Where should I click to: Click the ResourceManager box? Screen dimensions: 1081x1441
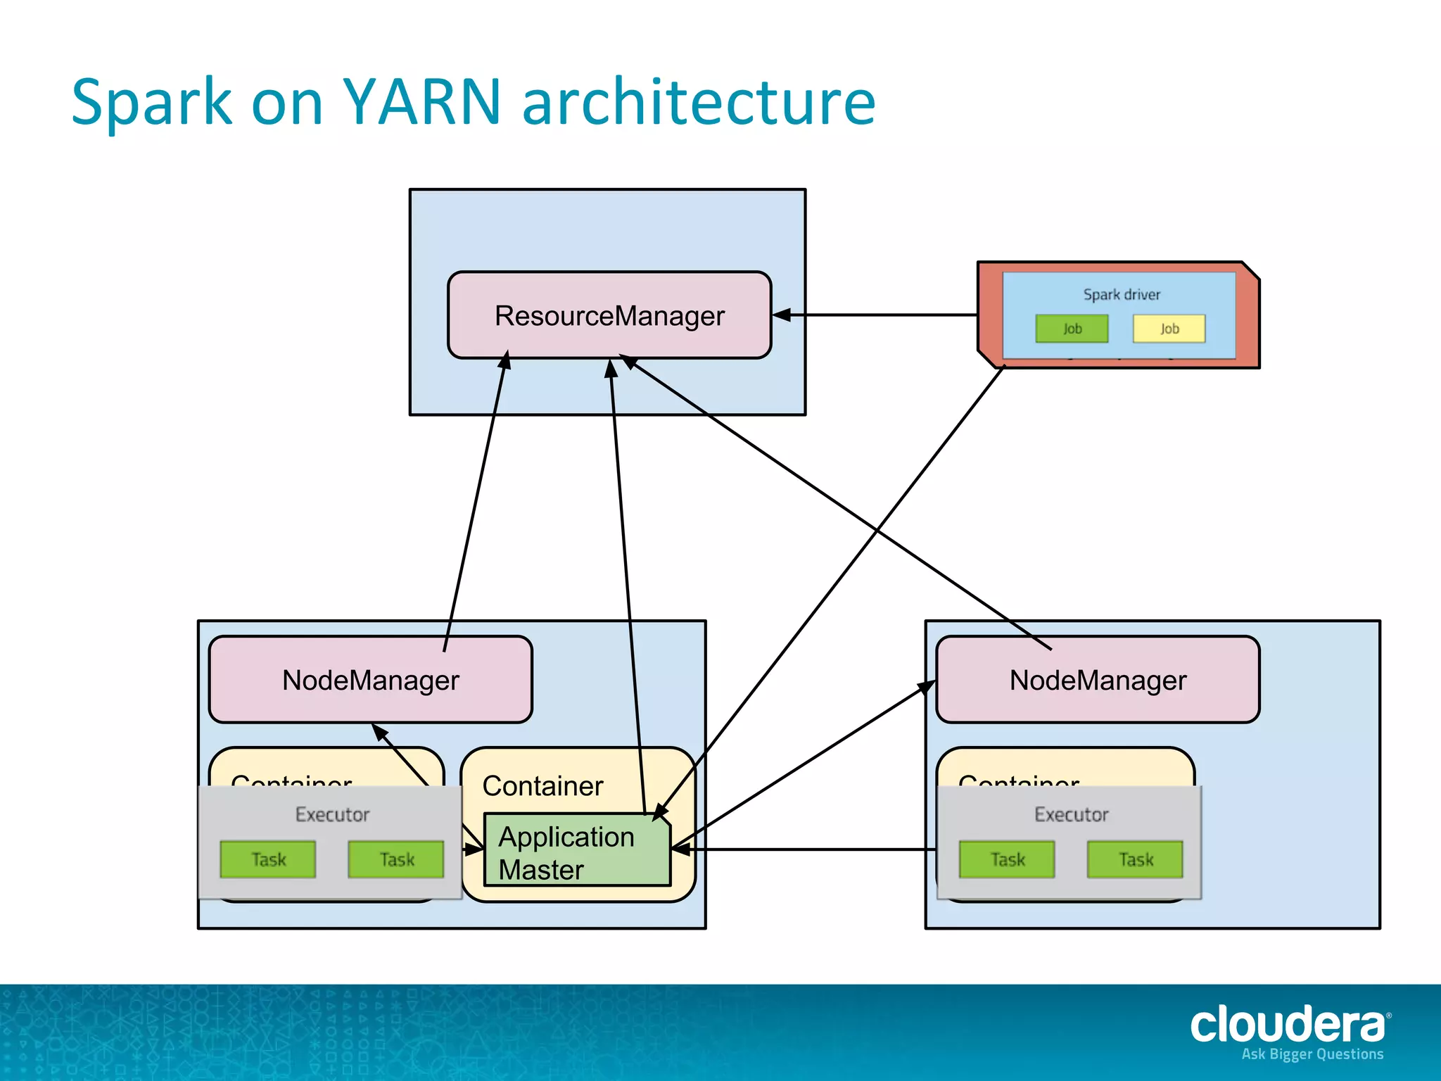point(609,315)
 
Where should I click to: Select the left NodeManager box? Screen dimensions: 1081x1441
point(371,680)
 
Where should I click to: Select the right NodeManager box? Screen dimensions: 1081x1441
point(1098,680)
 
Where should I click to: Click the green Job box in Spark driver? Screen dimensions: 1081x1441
point(1072,329)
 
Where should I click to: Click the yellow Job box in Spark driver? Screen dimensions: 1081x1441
point(1169,329)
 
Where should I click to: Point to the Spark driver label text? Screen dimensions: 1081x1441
point(1122,295)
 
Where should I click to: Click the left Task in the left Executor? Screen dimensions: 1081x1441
point(268,859)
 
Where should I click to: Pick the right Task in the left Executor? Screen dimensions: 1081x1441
point(396,859)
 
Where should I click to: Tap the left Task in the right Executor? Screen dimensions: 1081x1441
point(1007,859)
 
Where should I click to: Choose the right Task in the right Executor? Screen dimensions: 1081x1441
point(1135,859)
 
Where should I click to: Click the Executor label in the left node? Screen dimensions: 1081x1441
point(332,814)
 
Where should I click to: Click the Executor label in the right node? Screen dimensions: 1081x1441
point(1071,814)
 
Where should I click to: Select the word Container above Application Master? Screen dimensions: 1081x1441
point(542,786)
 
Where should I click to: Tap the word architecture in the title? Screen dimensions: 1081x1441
point(699,102)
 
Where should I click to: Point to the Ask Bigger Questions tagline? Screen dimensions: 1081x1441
point(1312,1054)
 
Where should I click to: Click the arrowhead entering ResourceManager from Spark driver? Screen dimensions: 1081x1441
point(781,315)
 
